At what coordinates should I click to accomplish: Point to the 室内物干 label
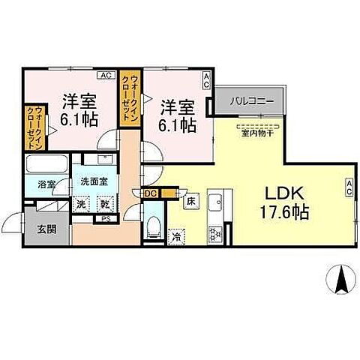click(x=256, y=135)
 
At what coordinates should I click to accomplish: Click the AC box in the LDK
click(x=350, y=187)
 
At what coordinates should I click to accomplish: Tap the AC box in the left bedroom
click(x=106, y=76)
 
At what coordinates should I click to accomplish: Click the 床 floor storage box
click(x=190, y=202)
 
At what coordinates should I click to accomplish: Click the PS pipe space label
click(x=106, y=219)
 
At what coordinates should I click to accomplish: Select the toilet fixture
click(x=154, y=226)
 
